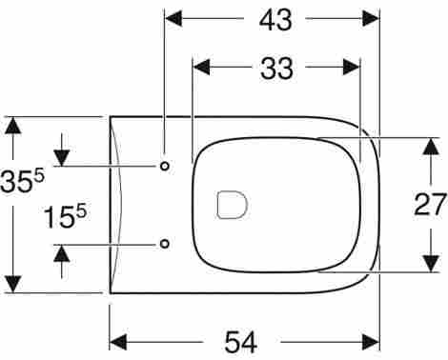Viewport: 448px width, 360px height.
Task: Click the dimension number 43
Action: pos(275,20)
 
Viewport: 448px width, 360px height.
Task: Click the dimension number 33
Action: pos(276,68)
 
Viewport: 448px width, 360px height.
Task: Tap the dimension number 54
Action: pos(241,342)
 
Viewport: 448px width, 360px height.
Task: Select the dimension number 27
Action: pos(431,204)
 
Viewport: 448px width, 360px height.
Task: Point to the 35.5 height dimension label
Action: pos(22,182)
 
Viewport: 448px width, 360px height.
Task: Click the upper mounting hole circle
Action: pos(165,166)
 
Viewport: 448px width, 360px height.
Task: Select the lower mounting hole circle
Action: pos(165,244)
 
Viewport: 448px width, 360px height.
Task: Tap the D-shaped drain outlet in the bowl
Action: pos(232,205)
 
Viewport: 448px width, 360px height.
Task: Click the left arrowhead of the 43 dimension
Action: pos(173,18)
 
